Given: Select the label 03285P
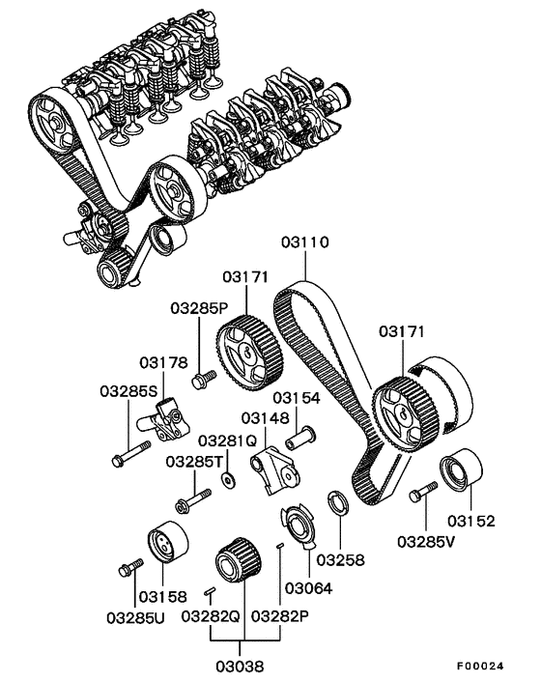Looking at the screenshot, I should click(x=199, y=309).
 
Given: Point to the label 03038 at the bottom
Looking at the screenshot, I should click(x=241, y=665).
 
